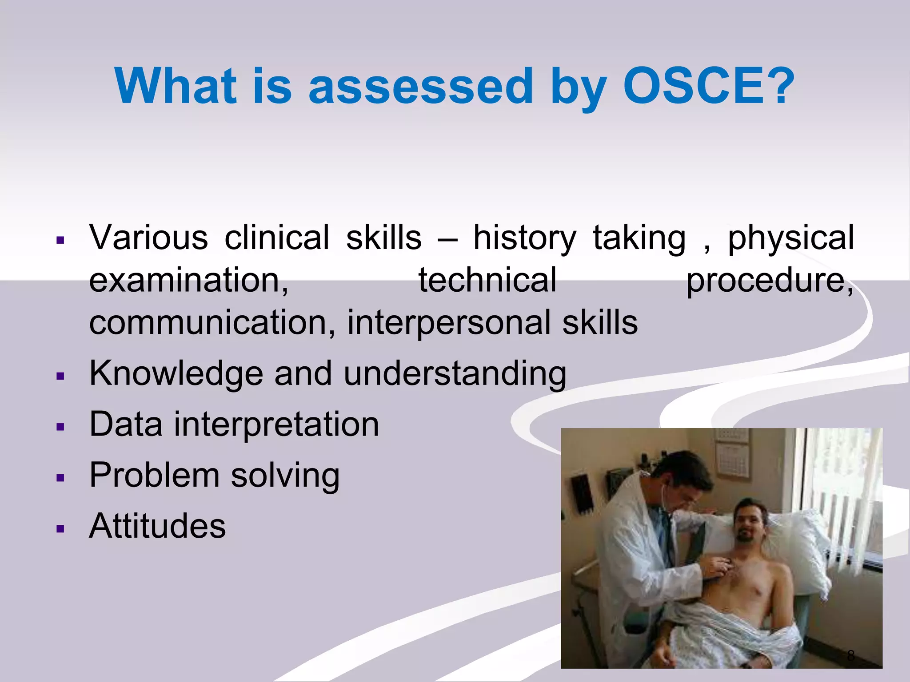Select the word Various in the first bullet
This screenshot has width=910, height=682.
pos(148,238)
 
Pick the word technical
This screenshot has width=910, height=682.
pos(487,280)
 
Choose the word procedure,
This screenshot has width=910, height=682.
pos(769,281)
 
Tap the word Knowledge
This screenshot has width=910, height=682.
pos(176,373)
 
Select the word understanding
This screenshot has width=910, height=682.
pos(455,374)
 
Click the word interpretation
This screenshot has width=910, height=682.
pos(276,425)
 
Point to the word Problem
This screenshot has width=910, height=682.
pos(154,476)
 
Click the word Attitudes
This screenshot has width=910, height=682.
pos(157,526)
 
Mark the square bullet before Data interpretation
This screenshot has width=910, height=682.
pos(61,427)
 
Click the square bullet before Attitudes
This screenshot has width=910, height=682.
pos(61,528)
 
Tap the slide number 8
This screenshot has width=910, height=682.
pos(850,655)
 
